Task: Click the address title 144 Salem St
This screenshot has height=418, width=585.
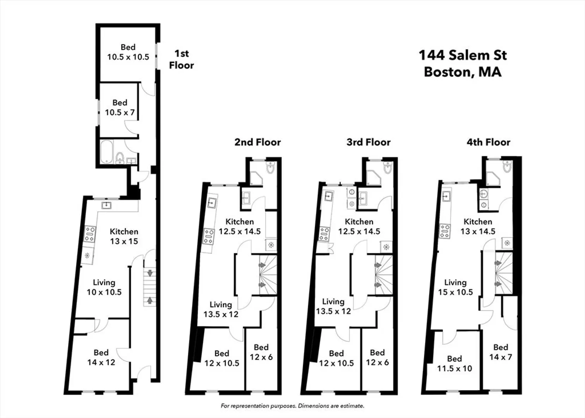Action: pos(463,55)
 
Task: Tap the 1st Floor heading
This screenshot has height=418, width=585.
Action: pos(182,59)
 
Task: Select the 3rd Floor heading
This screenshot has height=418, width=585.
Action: pos(369,142)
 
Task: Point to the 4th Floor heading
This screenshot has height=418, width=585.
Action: pos(488,142)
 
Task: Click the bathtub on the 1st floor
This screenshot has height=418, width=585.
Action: pos(106,152)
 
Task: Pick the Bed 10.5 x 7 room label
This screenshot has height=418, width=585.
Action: pos(120,107)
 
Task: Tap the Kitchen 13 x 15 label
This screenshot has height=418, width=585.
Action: pos(124,236)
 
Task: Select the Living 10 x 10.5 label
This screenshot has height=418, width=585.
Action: pos(104,287)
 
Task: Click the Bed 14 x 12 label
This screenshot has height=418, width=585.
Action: pos(101,357)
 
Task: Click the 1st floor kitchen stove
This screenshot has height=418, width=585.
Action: pos(89,234)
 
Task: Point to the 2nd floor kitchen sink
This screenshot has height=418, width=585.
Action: pos(212,203)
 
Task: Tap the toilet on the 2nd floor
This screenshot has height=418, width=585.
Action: pos(271,167)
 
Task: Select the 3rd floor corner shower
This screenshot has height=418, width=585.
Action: pos(374,178)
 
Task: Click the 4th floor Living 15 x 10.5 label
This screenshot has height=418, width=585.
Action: pos(455,287)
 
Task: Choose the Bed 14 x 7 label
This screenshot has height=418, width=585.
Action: pos(501,352)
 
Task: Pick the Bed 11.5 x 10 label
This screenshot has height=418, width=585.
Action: pos(455,363)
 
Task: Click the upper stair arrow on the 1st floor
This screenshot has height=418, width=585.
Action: pos(150,273)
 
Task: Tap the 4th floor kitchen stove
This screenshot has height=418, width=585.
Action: pos(445,231)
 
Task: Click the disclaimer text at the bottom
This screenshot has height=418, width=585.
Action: pos(293,406)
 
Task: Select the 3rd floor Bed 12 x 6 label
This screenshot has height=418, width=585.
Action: pos(377,357)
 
